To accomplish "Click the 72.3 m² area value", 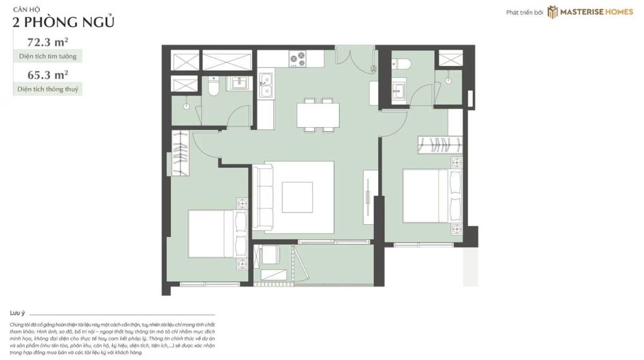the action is [x=48, y=42].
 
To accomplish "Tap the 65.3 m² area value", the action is [x=48, y=75].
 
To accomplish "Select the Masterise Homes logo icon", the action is [x=552, y=12].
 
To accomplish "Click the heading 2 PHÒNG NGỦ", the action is [x=63, y=23].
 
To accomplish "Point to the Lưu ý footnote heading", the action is [x=18, y=313].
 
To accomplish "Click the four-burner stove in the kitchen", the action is [x=297, y=59].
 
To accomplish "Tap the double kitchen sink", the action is [x=266, y=85].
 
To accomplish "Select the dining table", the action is [x=318, y=115].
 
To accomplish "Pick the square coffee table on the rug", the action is [x=297, y=197].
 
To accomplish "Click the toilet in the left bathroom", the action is [x=214, y=86].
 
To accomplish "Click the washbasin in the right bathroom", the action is [x=398, y=90].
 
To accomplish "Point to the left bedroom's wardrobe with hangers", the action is [x=180, y=153].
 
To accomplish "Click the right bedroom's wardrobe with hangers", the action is [x=440, y=145].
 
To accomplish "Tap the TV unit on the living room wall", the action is [x=370, y=197].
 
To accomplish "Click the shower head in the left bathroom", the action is [x=187, y=106].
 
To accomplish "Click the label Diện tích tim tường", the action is [x=48, y=56].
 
